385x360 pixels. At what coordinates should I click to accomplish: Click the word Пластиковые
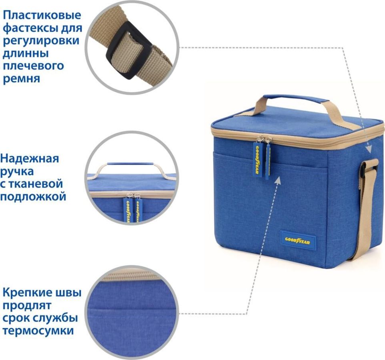(x=42, y=15)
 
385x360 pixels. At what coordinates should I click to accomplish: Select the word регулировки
(x=41, y=41)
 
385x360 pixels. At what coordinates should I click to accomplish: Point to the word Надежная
(x=30, y=158)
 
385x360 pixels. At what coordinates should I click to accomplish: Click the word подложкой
(x=33, y=197)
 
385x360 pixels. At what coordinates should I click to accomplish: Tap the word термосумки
(x=38, y=330)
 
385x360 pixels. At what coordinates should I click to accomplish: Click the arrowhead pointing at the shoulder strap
(x=369, y=149)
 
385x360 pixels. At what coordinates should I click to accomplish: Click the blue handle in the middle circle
(x=130, y=164)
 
